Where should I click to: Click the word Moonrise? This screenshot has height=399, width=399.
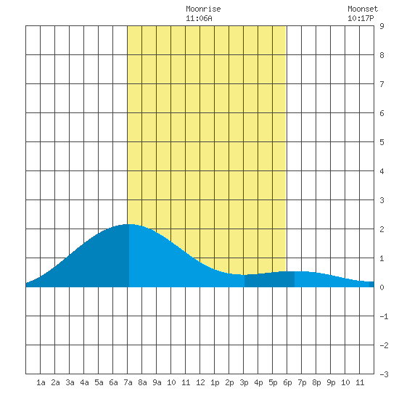203,9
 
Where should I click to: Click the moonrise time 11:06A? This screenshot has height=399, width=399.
199,18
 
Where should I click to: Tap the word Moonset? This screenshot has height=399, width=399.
363,9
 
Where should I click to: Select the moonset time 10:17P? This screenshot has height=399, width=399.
361,18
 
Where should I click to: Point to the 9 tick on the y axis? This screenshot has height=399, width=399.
382,26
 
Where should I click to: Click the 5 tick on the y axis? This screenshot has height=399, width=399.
382,142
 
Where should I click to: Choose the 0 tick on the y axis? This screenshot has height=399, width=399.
382,287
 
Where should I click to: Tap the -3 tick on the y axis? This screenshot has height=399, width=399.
384,374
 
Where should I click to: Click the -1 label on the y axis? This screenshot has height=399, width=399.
384,316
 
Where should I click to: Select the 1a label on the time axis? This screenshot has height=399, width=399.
41,382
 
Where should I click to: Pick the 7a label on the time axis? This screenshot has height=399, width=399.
128,382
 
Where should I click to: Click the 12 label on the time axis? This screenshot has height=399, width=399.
200,382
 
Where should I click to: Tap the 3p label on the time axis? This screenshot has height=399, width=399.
244,382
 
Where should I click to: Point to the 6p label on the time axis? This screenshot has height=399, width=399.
287,382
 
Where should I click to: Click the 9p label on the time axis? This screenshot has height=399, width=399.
331,382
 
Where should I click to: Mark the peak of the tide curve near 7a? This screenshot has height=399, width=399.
128,224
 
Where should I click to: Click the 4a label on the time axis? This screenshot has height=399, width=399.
84,382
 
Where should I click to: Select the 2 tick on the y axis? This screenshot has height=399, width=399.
382,229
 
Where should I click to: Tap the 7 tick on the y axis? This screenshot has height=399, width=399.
382,84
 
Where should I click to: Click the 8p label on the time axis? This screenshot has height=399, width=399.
316,382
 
